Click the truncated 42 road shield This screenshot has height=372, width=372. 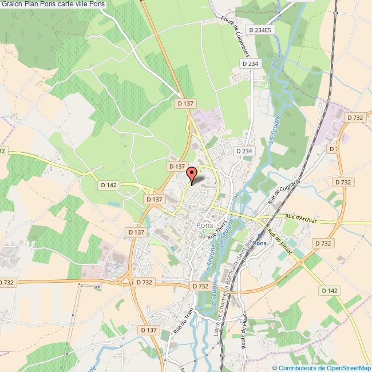(3, 151)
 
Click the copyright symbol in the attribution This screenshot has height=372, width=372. (276, 367)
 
